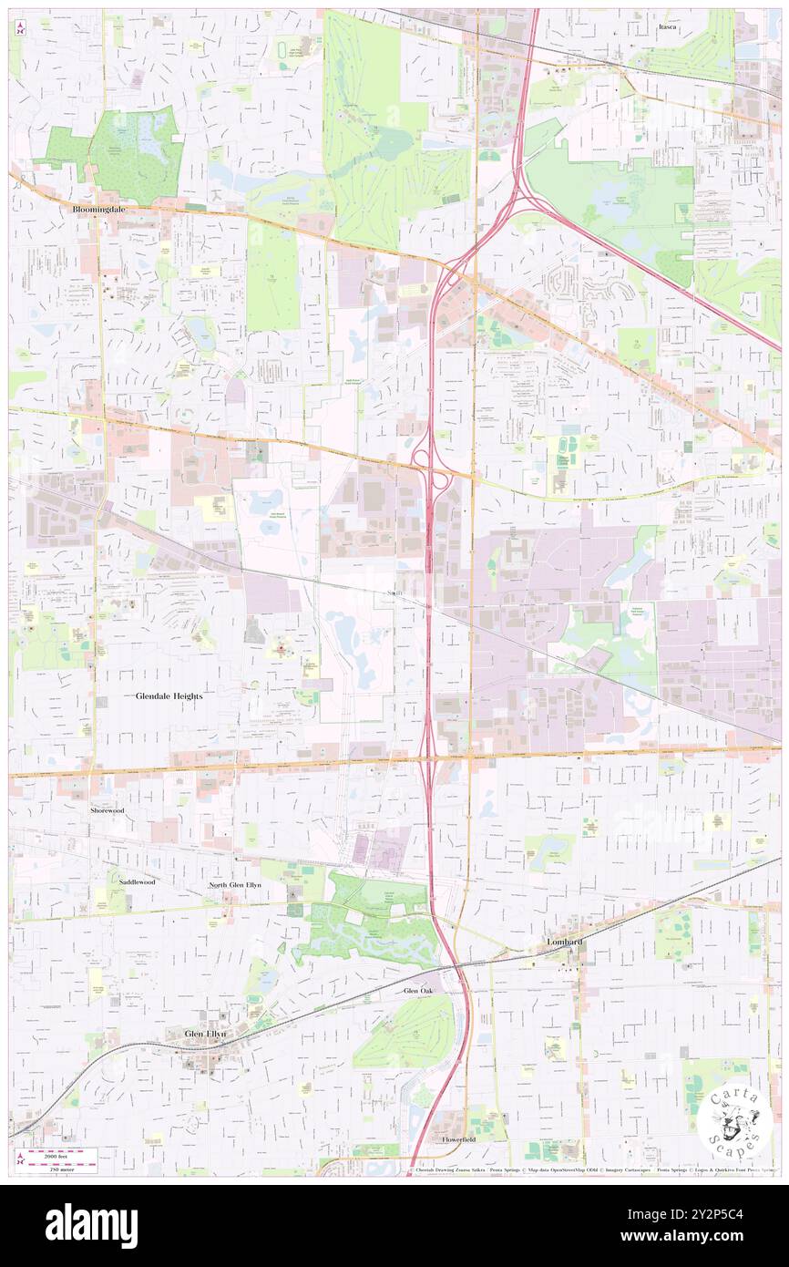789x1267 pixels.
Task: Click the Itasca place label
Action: (671, 27)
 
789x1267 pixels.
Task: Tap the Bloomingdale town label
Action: (98, 209)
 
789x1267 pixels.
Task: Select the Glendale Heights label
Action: (169, 695)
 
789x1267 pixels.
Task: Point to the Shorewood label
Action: (107, 809)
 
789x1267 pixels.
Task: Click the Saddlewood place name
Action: (136, 882)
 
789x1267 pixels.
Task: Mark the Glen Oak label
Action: (420, 989)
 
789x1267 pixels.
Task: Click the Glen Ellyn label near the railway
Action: (204, 1034)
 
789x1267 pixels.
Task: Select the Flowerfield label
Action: (460, 1139)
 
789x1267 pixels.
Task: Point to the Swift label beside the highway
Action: (395, 592)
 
